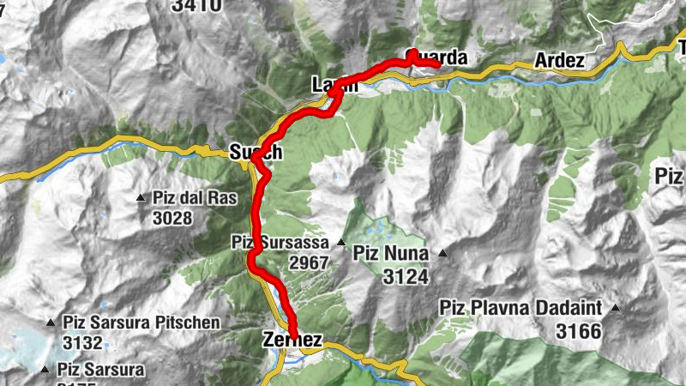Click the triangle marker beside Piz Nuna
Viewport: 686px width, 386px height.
click(x=443, y=253)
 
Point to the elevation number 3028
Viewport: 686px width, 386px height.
click(x=171, y=218)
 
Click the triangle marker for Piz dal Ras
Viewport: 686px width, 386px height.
click(x=141, y=198)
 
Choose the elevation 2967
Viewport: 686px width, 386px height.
click(x=309, y=262)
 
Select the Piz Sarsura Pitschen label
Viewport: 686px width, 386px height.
click(x=141, y=323)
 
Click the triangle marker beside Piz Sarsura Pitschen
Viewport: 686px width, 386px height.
click(x=51, y=324)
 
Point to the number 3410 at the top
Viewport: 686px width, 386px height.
click(x=196, y=6)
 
